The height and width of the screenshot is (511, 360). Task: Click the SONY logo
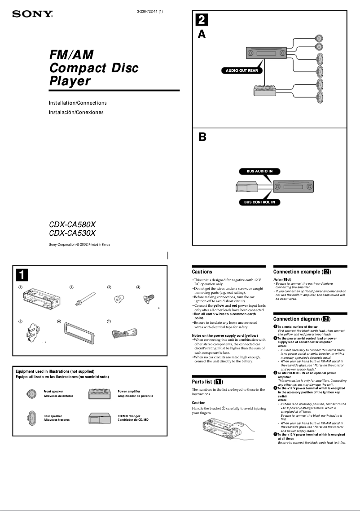tap(32, 14)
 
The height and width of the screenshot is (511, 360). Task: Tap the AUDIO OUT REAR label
tap(241, 70)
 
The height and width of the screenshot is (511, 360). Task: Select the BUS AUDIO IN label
tap(259, 171)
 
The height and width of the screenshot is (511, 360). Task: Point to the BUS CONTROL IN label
tap(259, 203)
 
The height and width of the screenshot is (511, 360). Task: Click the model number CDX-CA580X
tap(72, 224)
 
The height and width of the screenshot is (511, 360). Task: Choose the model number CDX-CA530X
tap(72, 233)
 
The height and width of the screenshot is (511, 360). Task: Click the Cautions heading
tap(202, 272)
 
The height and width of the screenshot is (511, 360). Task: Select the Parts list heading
tap(208, 382)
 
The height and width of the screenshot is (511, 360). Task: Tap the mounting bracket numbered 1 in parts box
tap(41, 299)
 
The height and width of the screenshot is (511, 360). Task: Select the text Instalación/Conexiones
tap(76, 112)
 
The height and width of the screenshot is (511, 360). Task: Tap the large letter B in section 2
tap(202, 137)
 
